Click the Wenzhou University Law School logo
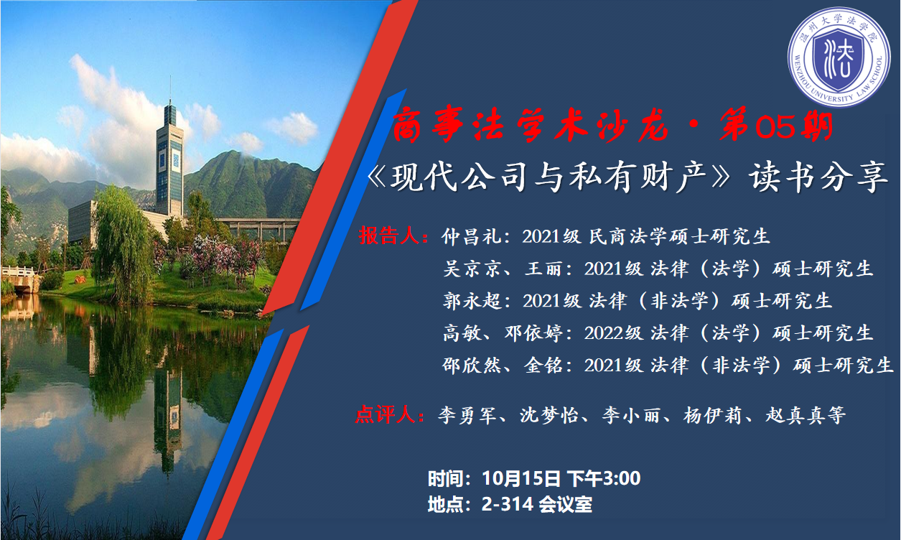tap(839, 57)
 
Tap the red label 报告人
tap(389, 236)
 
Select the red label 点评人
tap(386, 414)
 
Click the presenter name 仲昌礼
tap(472, 236)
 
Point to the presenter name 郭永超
tap(472, 301)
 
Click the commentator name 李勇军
tap(467, 416)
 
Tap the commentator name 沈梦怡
tap(549, 416)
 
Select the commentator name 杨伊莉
tap(712, 416)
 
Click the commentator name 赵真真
tap(795, 416)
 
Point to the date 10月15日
tap(521, 478)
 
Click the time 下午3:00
tap(604, 478)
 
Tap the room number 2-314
tap(508, 504)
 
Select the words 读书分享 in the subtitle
tap(818, 177)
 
